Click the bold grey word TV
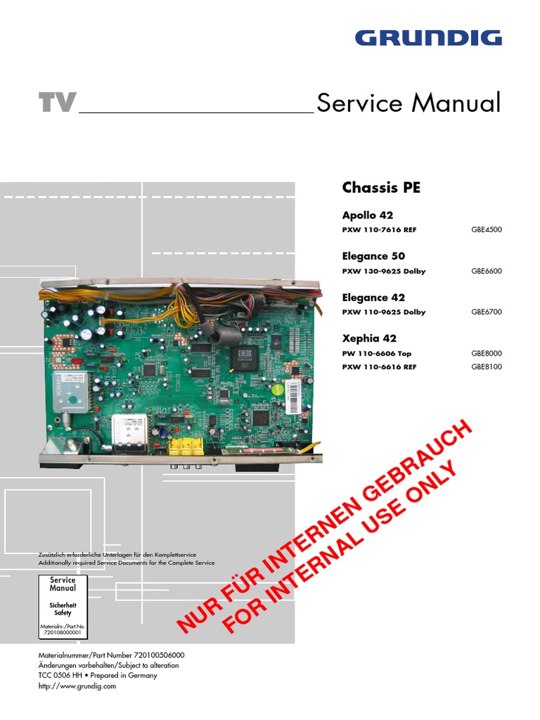click(x=57, y=104)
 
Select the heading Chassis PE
click(x=381, y=188)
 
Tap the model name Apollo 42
click(x=367, y=215)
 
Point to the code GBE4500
click(x=487, y=230)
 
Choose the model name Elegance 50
click(x=373, y=256)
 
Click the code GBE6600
click(x=487, y=271)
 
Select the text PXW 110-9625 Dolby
click(x=383, y=312)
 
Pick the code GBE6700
click(x=487, y=312)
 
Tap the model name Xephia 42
click(x=369, y=338)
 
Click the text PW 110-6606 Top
click(x=377, y=354)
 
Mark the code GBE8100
click(x=487, y=367)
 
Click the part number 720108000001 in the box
click(x=63, y=633)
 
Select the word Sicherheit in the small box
click(x=63, y=605)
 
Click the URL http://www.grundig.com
click(x=77, y=686)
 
